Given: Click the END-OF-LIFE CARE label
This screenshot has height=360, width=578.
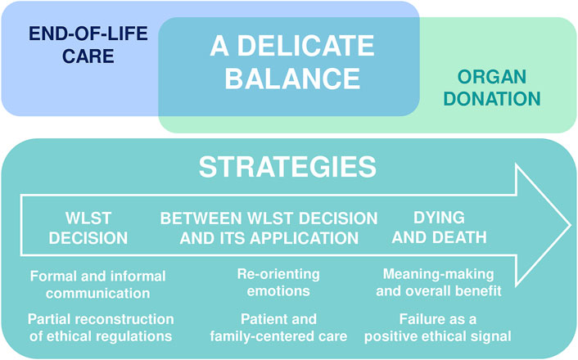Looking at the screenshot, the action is (x=88, y=44).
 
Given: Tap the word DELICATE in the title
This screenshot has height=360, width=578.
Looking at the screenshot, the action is (x=306, y=46).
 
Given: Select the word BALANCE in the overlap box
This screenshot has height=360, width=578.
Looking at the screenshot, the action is (x=292, y=79).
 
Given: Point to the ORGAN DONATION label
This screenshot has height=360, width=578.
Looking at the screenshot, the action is (x=492, y=88).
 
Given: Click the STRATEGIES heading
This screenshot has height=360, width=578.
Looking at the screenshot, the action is (x=287, y=167).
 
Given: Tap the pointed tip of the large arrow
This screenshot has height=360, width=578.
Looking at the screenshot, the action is (x=571, y=225).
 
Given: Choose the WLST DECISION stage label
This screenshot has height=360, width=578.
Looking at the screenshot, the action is (x=88, y=228).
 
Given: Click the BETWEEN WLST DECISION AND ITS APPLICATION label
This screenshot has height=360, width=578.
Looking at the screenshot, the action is (x=269, y=228).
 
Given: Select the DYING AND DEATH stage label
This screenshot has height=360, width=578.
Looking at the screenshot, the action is (x=439, y=227).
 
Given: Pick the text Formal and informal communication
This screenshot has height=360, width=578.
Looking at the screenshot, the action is (x=97, y=285).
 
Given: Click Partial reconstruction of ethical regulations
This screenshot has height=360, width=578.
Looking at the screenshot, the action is (x=101, y=327).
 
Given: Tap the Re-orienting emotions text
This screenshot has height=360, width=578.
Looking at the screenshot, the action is (x=278, y=282).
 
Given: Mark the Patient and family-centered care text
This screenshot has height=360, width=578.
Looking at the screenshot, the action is (x=278, y=327).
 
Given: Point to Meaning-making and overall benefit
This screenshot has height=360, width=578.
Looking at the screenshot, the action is (x=439, y=282).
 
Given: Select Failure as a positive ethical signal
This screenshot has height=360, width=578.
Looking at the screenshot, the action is (x=437, y=327).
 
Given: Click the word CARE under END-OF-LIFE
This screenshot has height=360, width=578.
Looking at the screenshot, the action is (x=88, y=56).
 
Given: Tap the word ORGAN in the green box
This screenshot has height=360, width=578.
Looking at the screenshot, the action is (x=492, y=77).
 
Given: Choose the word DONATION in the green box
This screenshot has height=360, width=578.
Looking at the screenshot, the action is (x=492, y=99).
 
